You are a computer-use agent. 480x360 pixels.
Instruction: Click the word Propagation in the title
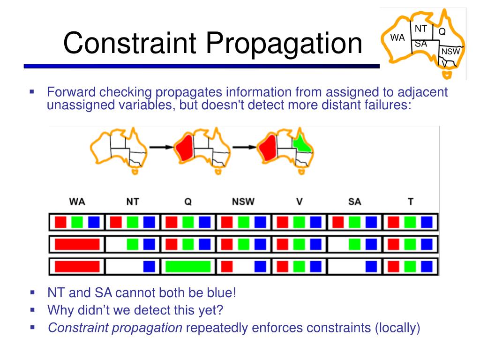click(x=283, y=43)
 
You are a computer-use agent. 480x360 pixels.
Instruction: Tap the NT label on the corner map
click(x=420, y=29)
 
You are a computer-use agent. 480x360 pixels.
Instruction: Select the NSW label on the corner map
click(x=450, y=52)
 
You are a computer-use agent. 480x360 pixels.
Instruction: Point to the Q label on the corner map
click(x=442, y=32)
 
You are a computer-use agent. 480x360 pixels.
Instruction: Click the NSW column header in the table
click(x=243, y=202)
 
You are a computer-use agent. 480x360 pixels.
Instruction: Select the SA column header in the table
click(x=355, y=202)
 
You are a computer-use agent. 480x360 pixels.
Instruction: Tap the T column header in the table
click(x=411, y=202)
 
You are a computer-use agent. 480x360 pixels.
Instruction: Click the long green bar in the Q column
click(x=187, y=267)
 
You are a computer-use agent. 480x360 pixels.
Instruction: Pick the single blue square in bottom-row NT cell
click(x=149, y=267)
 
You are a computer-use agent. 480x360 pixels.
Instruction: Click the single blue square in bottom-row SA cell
click(x=371, y=267)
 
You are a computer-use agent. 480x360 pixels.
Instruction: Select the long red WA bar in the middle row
click(x=77, y=244)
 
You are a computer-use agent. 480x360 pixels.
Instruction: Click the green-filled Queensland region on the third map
click(x=303, y=142)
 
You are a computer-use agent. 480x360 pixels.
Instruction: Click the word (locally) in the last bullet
click(x=397, y=328)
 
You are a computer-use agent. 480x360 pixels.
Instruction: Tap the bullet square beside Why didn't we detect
click(x=32, y=310)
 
